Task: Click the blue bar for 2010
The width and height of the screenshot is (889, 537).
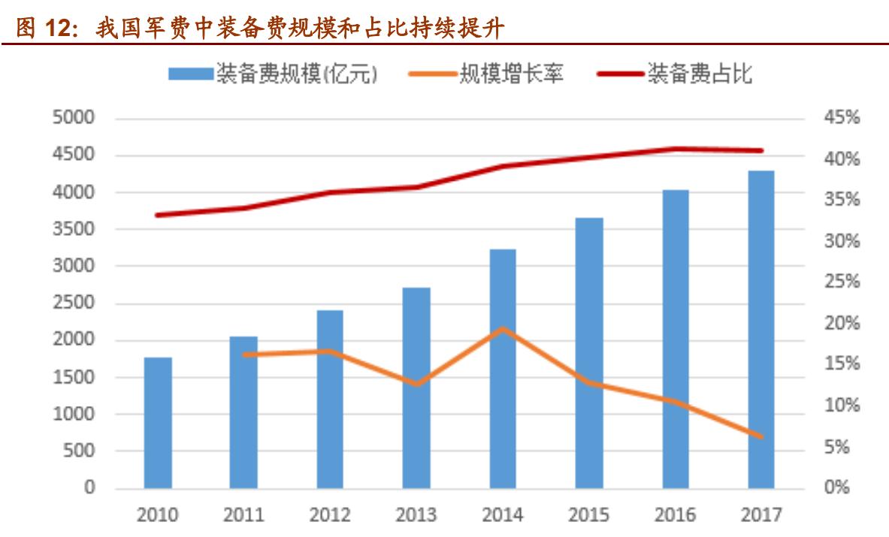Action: [x=158, y=423]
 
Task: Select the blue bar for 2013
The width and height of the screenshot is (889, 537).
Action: [x=416, y=388]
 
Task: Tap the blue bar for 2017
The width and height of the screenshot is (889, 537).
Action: [x=761, y=330]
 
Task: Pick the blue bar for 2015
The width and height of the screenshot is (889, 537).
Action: [x=589, y=353]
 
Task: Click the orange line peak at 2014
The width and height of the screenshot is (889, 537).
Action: [x=503, y=328]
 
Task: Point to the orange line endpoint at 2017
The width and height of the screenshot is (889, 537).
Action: [x=761, y=436]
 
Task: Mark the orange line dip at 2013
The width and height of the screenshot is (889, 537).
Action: [x=416, y=384]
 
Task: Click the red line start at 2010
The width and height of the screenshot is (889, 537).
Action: [x=158, y=215]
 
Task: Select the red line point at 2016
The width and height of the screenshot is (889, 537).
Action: [x=675, y=149]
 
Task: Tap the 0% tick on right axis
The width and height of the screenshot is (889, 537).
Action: [x=831, y=488]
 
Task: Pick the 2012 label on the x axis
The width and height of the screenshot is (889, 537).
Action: [x=330, y=515]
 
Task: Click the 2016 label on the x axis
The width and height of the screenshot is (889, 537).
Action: [x=675, y=515]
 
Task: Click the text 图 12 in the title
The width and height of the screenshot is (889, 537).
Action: [x=44, y=29]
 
